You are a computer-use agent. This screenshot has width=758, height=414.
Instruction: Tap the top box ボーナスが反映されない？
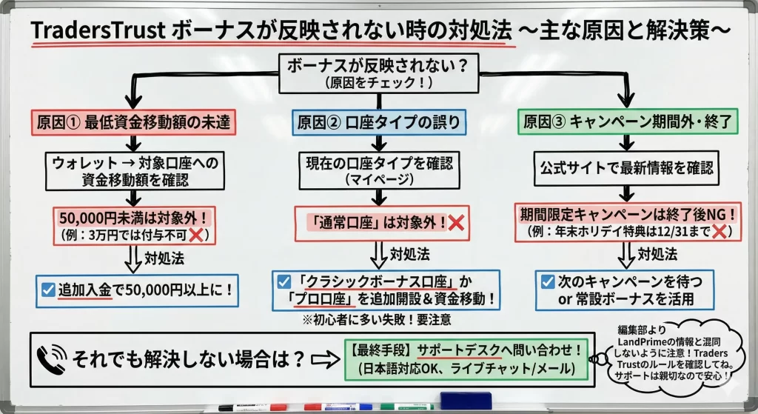coord(378,72)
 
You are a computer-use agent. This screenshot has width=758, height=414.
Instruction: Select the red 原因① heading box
coord(133,121)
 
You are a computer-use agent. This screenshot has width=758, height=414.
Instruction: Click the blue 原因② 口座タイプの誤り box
coord(379,121)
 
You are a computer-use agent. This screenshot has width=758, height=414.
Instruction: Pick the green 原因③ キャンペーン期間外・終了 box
coord(626,121)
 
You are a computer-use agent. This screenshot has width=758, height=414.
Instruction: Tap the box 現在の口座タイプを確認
coord(378,170)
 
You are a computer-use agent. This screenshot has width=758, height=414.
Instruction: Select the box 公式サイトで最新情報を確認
coord(626,169)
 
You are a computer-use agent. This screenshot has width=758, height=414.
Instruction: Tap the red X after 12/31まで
coord(715,232)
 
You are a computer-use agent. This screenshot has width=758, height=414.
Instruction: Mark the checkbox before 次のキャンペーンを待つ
coord(548,281)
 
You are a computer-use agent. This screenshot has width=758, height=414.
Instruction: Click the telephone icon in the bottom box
coord(53,360)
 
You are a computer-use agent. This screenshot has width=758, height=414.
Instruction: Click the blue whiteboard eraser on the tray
coord(466,400)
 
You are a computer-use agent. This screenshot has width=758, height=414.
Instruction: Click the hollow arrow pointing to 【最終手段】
coord(326,359)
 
